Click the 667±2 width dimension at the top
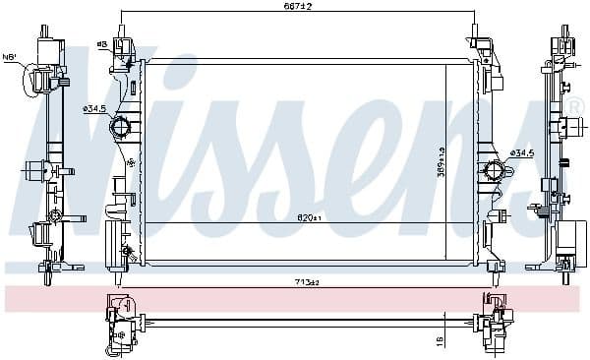299,8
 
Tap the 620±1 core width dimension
311,218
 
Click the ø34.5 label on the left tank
94,108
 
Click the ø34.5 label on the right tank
521,153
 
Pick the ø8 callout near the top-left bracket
102,44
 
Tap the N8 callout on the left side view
11,57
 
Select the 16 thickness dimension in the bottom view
440,337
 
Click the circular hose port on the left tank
121,127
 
